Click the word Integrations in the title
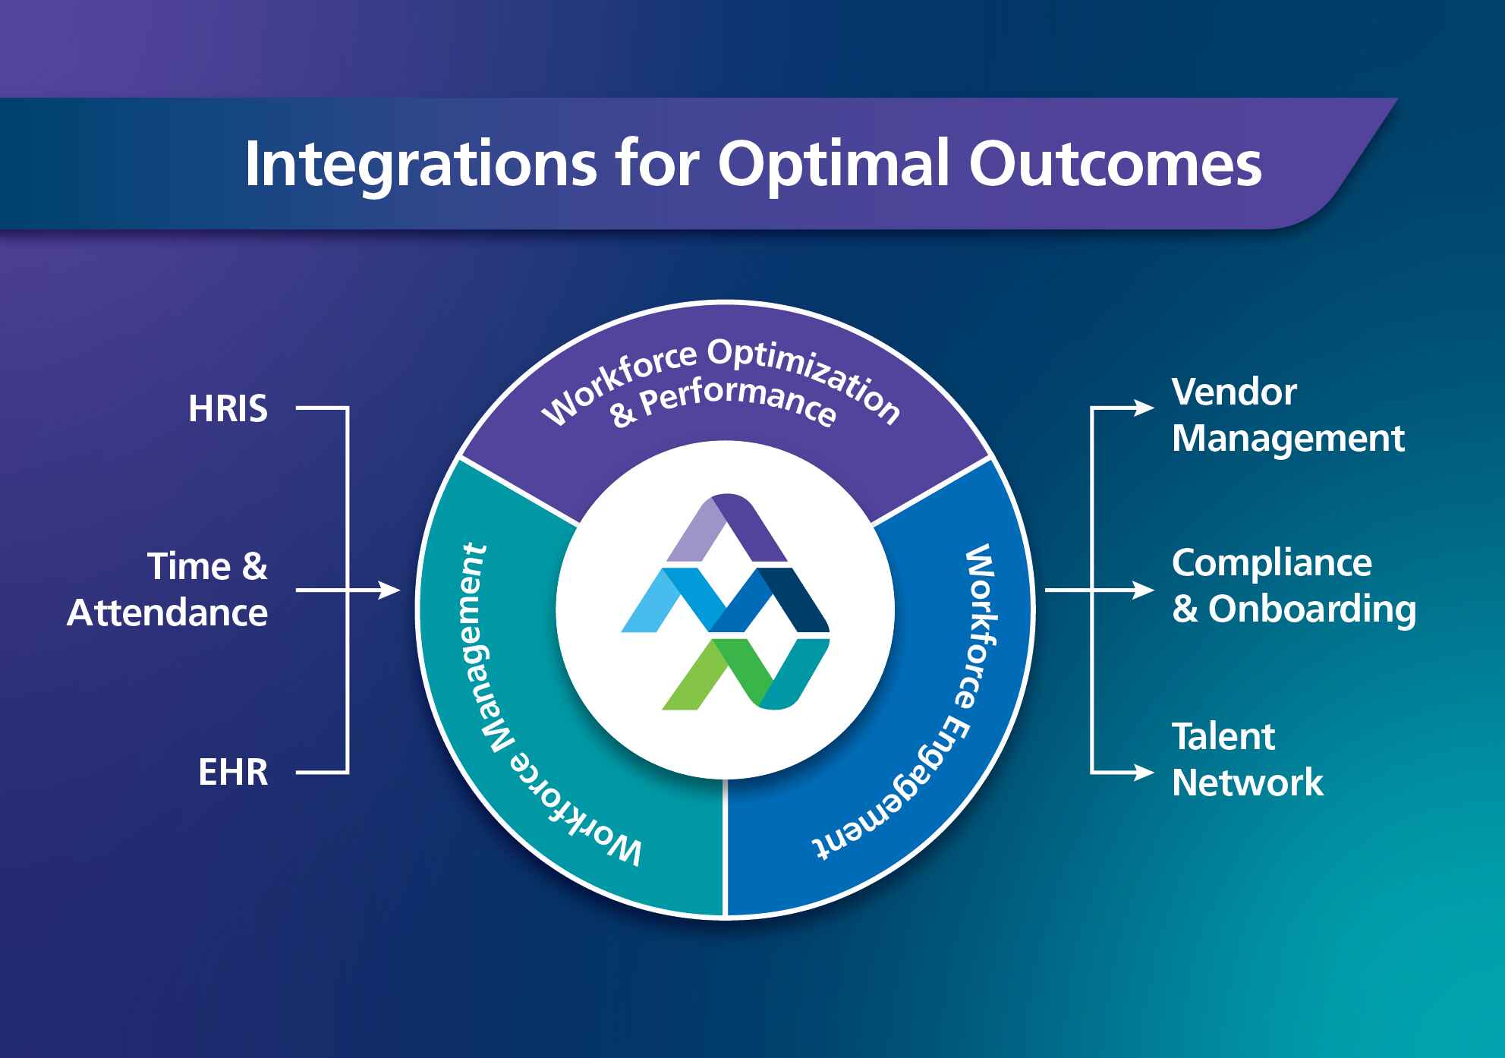coord(420,164)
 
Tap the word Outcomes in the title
coord(1115,164)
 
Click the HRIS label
coord(228,409)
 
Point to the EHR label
coord(233,773)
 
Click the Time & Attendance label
coord(168,590)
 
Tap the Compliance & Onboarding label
coord(1293,586)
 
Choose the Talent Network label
coord(1247,759)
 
